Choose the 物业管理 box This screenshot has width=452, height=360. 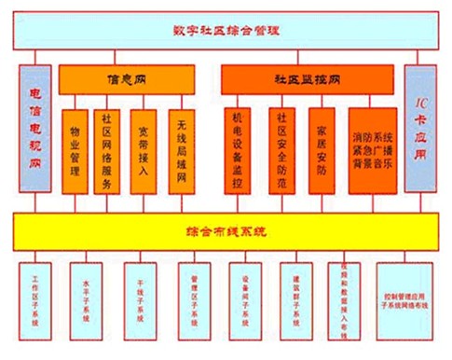tap(76, 152)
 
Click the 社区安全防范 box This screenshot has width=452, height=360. tap(281, 152)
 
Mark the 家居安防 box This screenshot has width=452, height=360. tap(322, 152)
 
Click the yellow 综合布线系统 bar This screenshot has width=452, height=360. tap(226, 229)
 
